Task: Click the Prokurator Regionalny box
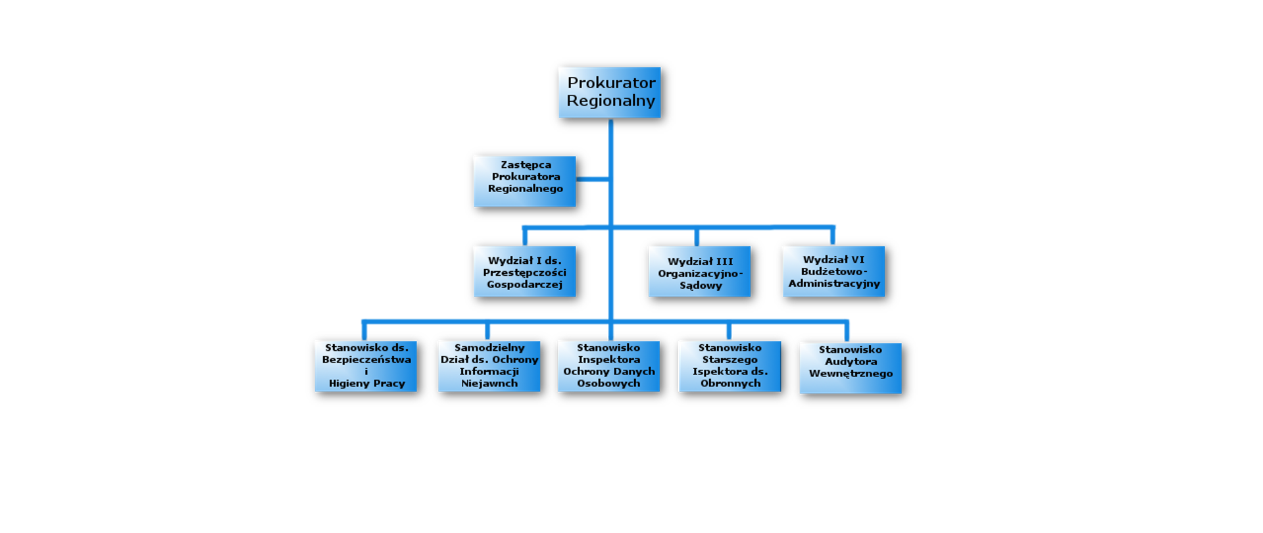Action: pyautogui.click(x=609, y=92)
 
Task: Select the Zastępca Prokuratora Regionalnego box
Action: pyautogui.click(x=524, y=181)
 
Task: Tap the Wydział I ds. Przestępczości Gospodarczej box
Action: pyautogui.click(x=524, y=271)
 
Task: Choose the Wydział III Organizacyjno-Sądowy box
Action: pyautogui.click(x=699, y=271)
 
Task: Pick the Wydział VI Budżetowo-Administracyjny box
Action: pyautogui.click(x=833, y=271)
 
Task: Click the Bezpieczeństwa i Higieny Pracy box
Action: pyautogui.click(x=365, y=366)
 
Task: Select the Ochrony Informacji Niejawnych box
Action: pyautogui.click(x=489, y=366)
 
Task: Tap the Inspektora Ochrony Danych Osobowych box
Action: pyautogui.click(x=608, y=366)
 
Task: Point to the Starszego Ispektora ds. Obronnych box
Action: pyautogui.click(x=730, y=366)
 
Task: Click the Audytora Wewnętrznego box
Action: pyautogui.click(x=850, y=368)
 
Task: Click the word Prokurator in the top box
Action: pyautogui.click(x=611, y=83)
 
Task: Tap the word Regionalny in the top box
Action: pyautogui.click(x=610, y=101)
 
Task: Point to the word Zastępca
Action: pyautogui.click(x=526, y=165)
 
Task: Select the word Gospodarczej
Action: pyautogui.click(x=524, y=284)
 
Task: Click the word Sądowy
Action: pyautogui.click(x=701, y=286)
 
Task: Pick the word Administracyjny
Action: pyautogui.click(x=834, y=284)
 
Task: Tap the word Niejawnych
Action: pyautogui.click(x=489, y=384)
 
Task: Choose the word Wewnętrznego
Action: pyautogui.click(x=851, y=374)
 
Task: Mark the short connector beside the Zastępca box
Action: pyautogui.click(x=591, y=178)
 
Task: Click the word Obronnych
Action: pyautogui.click(x=730, y=384)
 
